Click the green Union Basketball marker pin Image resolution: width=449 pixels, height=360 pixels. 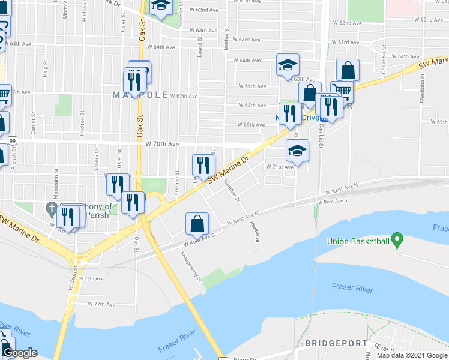click(x=396, y=241)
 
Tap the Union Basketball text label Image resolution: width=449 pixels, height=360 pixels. click(x=358, y=242)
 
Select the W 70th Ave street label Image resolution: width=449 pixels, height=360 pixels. click(x=163, y=144)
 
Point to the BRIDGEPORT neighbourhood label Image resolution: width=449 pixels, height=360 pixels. click(x=336, y=343)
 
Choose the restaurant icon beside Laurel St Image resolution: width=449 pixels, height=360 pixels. click(x=203, y=166)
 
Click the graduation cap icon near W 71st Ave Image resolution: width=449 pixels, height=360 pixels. click(x=297, y=151)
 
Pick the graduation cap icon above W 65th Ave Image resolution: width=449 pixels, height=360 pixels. click(x=288, y=65)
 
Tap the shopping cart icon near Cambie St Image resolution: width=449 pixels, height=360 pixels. click(x=342, y=91)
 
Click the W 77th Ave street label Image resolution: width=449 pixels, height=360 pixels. click(x=101, y=304)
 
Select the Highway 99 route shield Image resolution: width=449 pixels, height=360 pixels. click(x=13, y=140)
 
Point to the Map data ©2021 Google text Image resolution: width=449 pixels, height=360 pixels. click(x=411, y=355)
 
